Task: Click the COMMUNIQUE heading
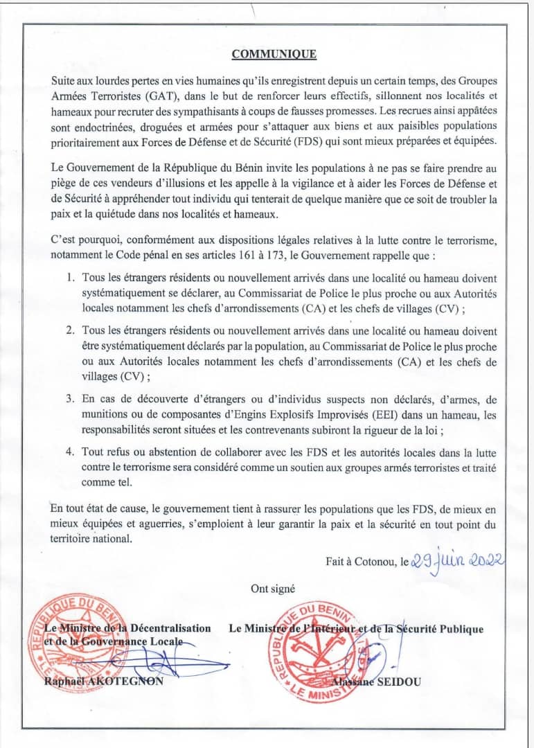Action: (274, 53)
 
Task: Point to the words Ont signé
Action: (273, 589)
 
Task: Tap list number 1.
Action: (71, 277)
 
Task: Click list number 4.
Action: (71, 452)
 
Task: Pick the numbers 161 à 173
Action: (288, 255)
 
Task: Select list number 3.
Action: (71, 398)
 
